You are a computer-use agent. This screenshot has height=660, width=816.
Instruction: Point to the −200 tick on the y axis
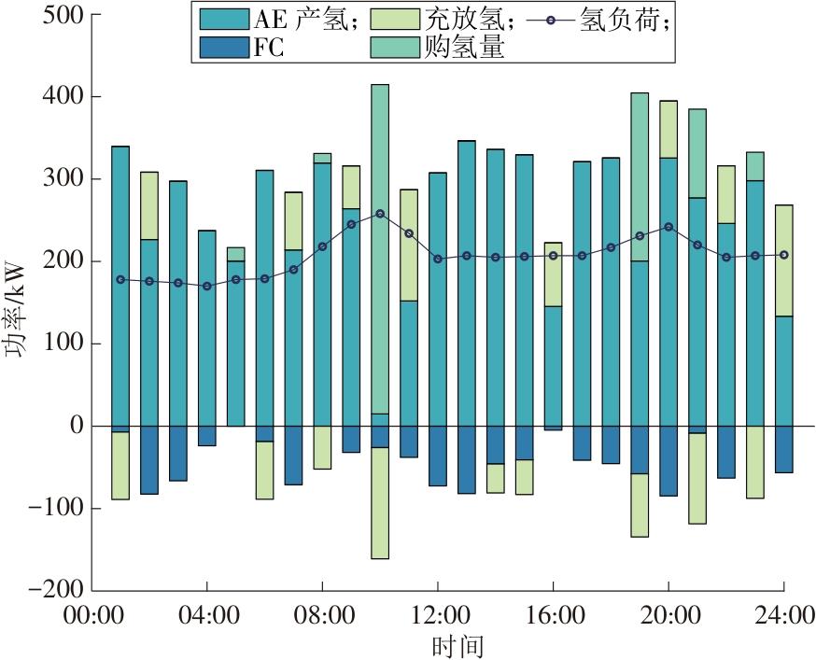point(56,590)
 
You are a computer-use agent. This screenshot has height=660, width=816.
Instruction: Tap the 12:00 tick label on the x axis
point(438,616)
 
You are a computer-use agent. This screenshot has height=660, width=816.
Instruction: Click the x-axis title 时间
point(457,645)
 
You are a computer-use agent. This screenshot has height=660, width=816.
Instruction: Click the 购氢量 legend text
point(464,48)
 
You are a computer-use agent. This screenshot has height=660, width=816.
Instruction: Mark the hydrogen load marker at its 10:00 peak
point(380,214)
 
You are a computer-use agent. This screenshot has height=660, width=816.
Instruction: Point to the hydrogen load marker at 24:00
point(784,255)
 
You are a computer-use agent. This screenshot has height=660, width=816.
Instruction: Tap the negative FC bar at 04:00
point(206,436)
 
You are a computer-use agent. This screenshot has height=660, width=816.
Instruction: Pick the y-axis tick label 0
point(77,426)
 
